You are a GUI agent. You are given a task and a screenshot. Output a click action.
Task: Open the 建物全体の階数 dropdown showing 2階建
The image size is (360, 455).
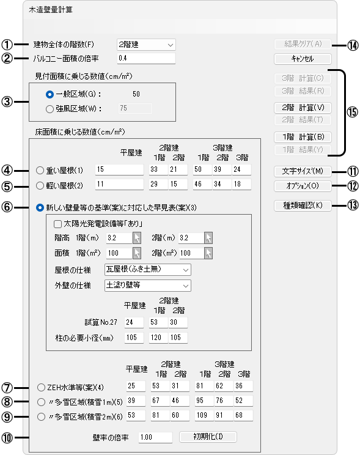[x=146, y=45]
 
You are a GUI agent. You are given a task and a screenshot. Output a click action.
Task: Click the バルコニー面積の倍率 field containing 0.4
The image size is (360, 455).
[x=146, y=58]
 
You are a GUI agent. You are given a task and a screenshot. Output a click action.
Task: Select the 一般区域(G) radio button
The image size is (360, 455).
[x=50, y=94]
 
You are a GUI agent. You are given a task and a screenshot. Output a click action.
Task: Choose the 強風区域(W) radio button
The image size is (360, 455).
[x=50, y=109]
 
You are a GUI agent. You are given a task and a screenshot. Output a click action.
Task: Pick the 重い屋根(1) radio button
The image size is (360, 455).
[x=40, y=171]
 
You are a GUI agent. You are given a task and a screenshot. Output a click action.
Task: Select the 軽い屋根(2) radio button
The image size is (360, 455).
[x=40, y=185]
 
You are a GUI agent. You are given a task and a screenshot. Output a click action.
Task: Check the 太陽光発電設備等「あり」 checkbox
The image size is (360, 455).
[x=57, y=224]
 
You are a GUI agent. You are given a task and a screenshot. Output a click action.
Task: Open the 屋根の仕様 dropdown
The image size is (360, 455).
[x=148, y=270]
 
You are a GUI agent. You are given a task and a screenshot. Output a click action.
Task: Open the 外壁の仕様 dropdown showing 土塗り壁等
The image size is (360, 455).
[x=148, y=286]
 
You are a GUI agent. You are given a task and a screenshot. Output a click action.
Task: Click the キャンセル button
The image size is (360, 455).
[x=303, y=59]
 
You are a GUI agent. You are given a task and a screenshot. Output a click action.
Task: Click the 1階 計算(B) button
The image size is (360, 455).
[x=303, y=137]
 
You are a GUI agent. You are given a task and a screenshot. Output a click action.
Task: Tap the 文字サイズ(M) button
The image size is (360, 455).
[x=303, y=171]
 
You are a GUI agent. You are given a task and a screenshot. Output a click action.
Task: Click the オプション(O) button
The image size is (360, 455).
[x=303, y=186]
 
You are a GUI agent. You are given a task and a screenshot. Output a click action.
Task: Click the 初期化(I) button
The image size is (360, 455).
[x=208, y=437]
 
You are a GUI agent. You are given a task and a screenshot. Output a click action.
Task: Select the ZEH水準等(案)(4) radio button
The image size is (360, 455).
[x=41, y=387]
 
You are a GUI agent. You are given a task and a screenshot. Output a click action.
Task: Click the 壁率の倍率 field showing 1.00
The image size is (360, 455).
[x=155, y=437]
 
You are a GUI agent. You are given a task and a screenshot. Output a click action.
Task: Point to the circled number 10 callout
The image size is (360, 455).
[x=7, y=438]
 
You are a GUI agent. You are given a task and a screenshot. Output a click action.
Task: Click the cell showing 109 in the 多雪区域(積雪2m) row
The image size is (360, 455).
[x=204, y=415]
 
